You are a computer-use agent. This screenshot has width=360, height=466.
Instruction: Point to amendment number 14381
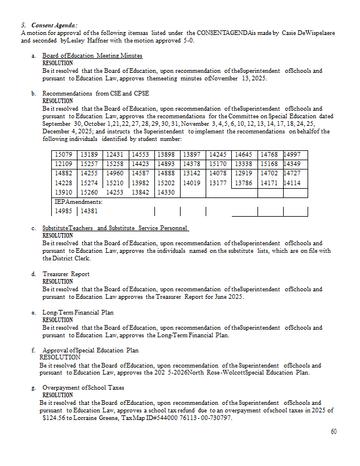pyautogui.click(x=89, y=211)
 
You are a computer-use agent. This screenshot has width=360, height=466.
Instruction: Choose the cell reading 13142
pyautogui.click(x=192, y=173)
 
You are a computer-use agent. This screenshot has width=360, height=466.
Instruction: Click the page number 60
pyautogui.click(x=334, y=432)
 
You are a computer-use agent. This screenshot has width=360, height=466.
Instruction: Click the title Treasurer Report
pyautogui.click(x=66, y=274)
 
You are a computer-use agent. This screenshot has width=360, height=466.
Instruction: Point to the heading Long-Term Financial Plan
pyautogui.click(x=78, y=312)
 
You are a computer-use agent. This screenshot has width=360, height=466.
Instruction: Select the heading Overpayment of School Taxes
pyautogui.click(x=83, y=387)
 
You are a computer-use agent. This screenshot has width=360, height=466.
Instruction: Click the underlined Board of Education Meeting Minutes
pyautogui.click(x=92, y=55)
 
